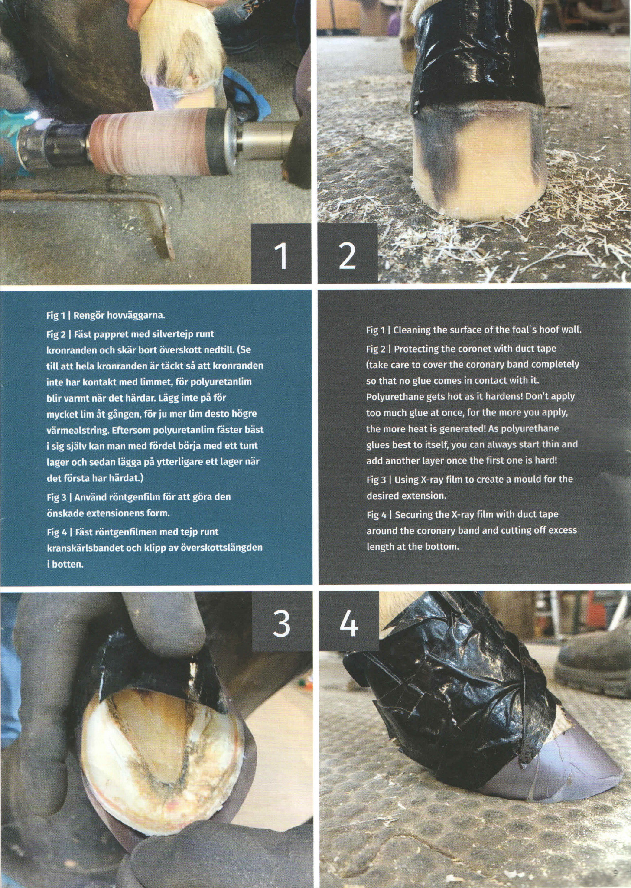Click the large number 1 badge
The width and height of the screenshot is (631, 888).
tap(282, 255)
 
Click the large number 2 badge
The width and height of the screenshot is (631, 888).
tap(348, 255)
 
